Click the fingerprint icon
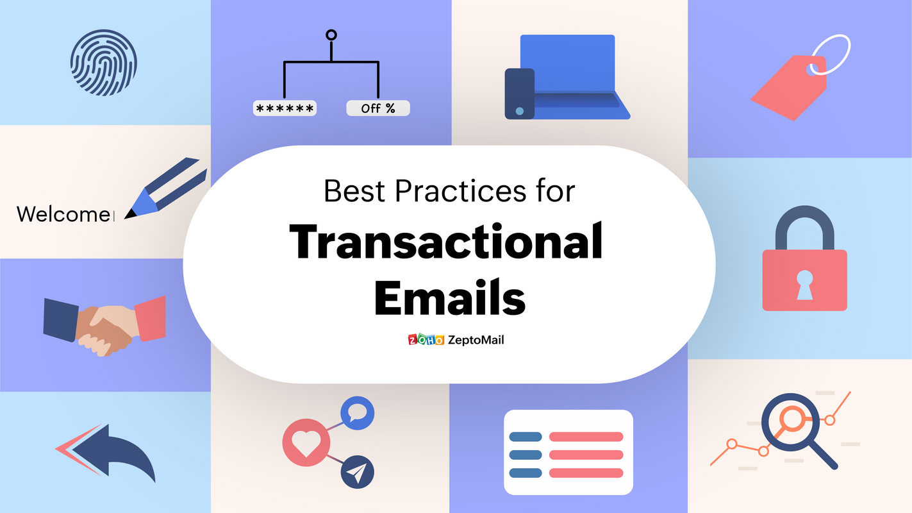pos(103,63)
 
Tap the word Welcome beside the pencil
pos(63,214)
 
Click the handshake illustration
pos(104,325)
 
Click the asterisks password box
pos(285,108)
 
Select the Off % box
pos(377,108)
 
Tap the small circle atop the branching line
pos(331,35)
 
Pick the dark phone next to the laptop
pos(519,94)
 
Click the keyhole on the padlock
pos(804,283)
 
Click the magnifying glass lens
pos(790,419)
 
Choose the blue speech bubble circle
pos(358,413)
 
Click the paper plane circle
pos(358,473)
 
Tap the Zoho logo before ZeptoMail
pos(426,340)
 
